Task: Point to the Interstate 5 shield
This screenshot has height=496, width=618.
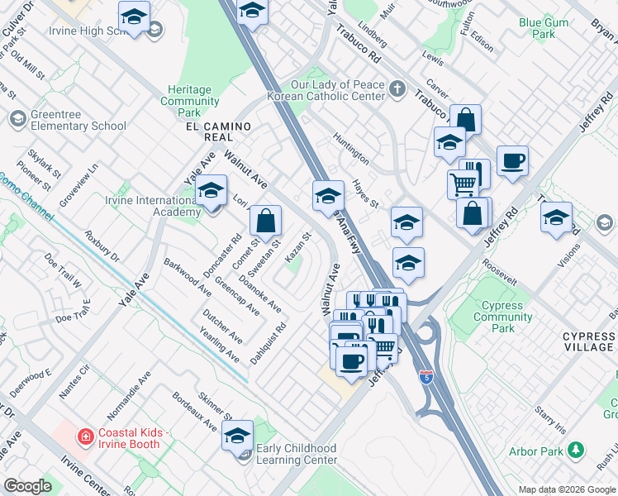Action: click(425, 377)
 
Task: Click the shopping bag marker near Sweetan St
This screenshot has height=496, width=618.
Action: click(265, 222)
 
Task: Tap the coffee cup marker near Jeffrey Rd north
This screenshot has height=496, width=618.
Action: click(512, 161)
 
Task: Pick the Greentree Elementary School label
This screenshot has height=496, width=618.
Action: click(78, 121)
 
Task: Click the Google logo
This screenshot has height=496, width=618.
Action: click(27, 486)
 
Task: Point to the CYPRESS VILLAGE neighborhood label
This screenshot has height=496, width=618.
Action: click(588, 342)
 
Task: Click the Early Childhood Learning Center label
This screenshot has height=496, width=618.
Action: click(297, 454)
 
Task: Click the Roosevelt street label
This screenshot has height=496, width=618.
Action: click(501, 275)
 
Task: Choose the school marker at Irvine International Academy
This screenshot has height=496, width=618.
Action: click(211, 192)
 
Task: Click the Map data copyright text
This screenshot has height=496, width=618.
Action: click(566, 489)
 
